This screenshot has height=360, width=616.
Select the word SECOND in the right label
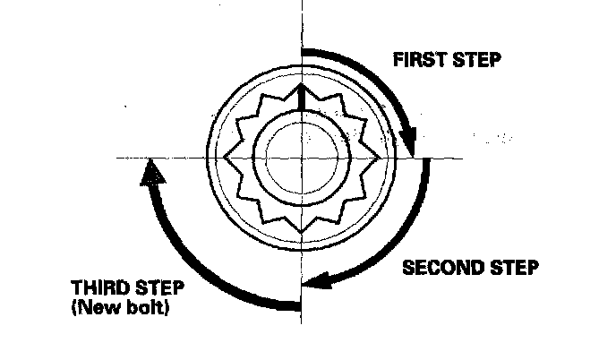pos(444,268)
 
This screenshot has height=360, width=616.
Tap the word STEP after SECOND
pos(514,268)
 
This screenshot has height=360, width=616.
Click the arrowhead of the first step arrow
pos(409,143)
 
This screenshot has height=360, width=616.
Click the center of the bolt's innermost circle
pos(302,158)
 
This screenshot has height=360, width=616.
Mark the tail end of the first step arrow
pos(304,52)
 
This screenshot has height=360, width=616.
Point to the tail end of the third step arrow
pos(297,305)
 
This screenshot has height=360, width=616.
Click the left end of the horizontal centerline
pos(117,159)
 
